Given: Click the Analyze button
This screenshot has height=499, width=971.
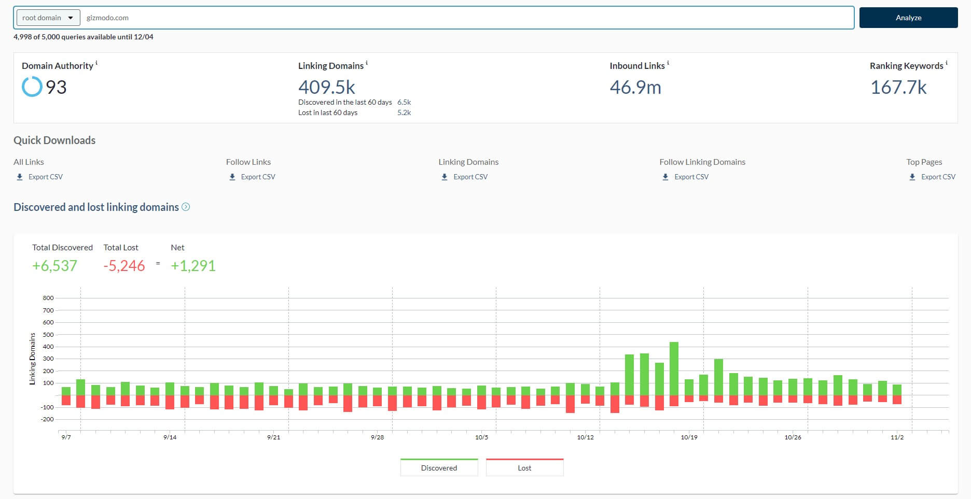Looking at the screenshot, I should [908, 18].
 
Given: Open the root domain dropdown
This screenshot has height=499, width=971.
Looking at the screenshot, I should [48, 18].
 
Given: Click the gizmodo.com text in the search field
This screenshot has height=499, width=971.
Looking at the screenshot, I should [107, 18].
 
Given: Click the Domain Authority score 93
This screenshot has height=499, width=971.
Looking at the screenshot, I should [56, 87].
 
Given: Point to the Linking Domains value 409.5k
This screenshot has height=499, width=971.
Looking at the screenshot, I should [326, 87].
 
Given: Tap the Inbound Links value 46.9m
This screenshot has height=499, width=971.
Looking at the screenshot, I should [635, 87].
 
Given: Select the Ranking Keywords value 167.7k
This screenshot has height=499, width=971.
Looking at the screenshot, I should [898, 87].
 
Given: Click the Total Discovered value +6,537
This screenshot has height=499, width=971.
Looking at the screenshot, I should [54, 266].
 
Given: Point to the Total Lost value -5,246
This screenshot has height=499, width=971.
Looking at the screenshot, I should [124, 266].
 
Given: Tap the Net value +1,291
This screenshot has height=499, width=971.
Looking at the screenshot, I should [193, 266].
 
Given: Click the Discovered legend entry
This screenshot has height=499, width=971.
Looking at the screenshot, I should [439, 467].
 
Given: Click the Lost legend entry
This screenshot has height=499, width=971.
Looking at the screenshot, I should [524, 467].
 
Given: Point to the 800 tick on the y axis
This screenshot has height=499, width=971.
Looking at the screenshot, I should [48, 298].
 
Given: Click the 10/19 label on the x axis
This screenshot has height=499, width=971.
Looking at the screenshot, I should [689, 437].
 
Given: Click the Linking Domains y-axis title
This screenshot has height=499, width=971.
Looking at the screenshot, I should [33, 359].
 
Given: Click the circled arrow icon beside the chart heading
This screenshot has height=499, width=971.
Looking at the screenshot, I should [186, 207].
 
